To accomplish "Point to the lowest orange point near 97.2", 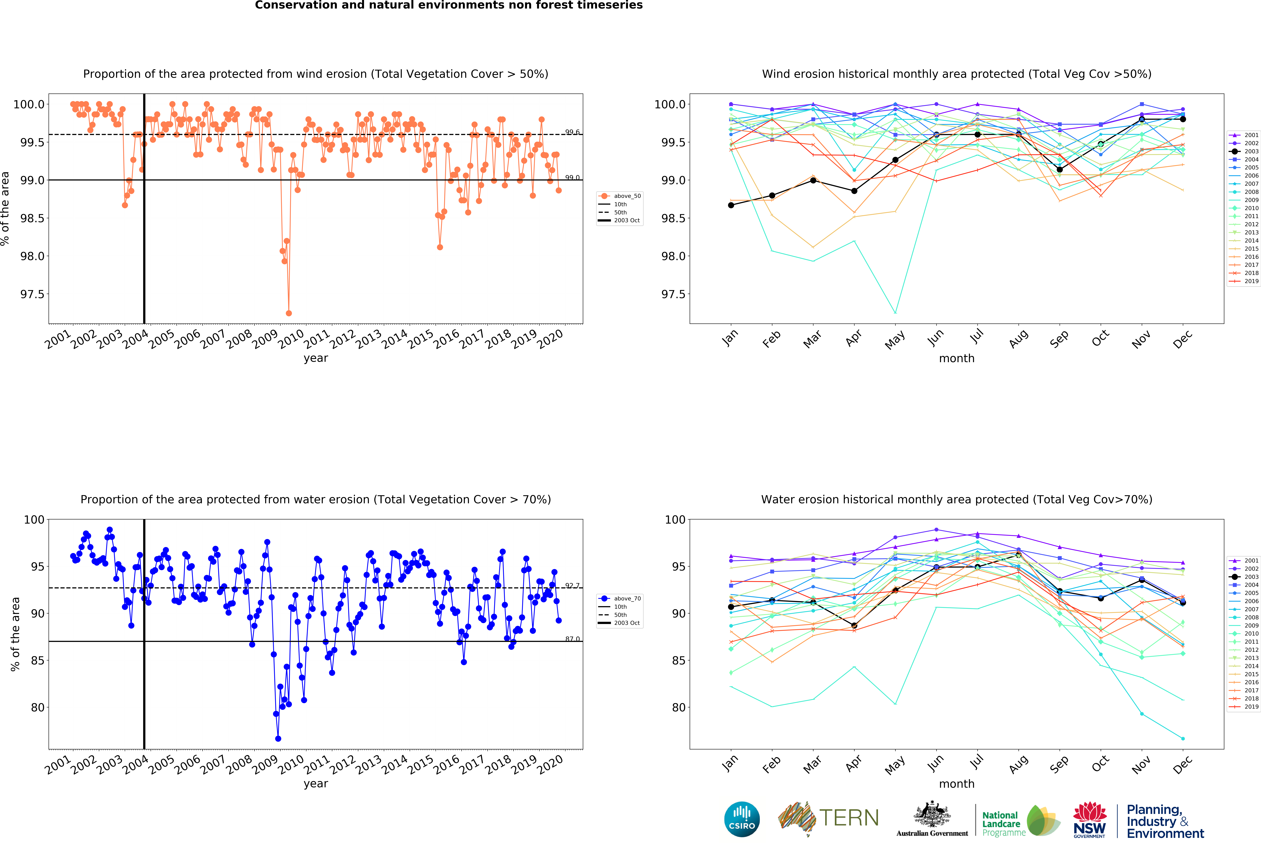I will click(x=289, y=313).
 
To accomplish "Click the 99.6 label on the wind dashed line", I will click(x=572, y=132).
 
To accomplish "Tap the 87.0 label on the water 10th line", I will click(x=572, y=639).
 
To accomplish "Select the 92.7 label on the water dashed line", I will click(x=572, y=586).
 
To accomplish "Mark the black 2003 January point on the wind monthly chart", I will click(x=731, y=205).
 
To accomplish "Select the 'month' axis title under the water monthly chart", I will click(x=957, y=784).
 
